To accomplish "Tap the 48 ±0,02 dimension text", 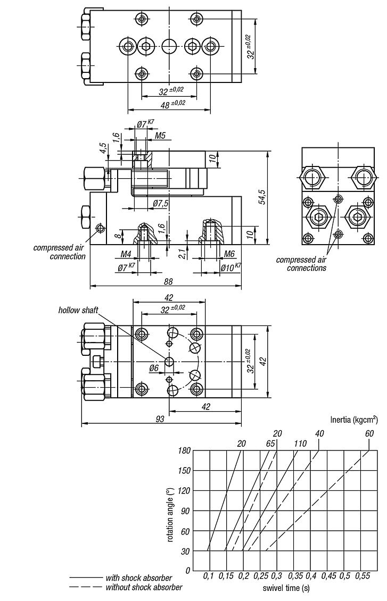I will pyautogui.click(x=171, y=104).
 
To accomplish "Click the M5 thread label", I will pyautogui.click(x=160, y=137).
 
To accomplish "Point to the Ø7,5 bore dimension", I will pyautogui.click(x=161, y=203).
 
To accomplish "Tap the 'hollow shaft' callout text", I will pyautogui.click(x=78, y=310).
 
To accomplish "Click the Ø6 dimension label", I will pyautogui.click(x=153, y=368).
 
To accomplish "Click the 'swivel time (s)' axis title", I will pyautogui.click(x=286, y=588).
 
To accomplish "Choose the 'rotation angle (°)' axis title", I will pyautogui.click(x=170, y=511).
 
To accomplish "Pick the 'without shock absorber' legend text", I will pyautogui.click(x=144, y=587).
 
